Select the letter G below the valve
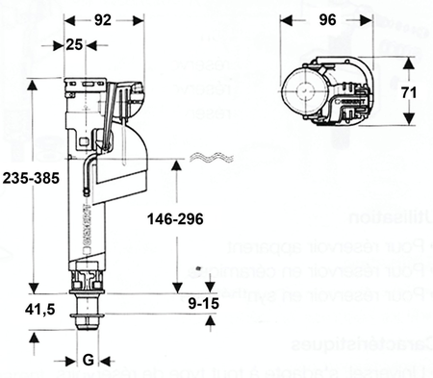[x=88, y=361]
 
